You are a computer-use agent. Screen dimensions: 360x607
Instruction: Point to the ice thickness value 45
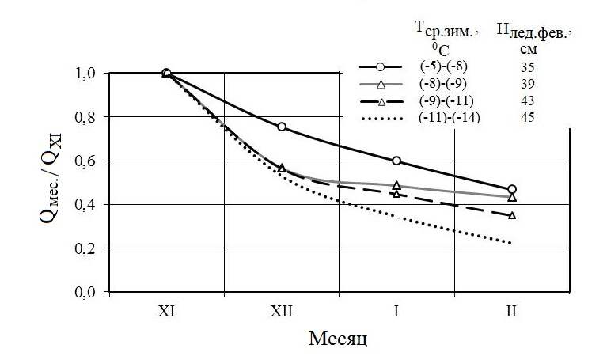tap(529, 118)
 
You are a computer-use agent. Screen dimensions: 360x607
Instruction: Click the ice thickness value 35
tap(529, 68)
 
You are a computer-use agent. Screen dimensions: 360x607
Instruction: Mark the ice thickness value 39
tap(529, 85)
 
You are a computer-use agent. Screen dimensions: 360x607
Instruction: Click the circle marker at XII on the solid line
tap(281, 127)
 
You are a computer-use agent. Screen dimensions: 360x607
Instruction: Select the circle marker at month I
tap(396, 161)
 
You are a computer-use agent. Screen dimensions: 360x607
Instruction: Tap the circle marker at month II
tap(512, 190)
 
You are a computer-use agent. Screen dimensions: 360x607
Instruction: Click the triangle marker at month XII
tap(281, 169)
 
